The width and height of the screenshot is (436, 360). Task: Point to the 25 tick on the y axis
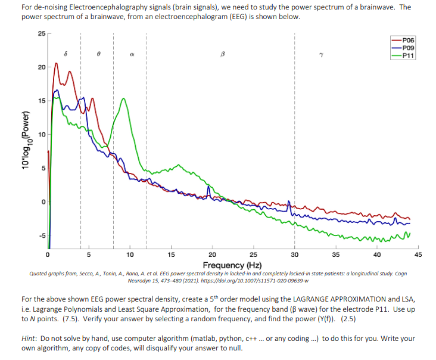[40, 33]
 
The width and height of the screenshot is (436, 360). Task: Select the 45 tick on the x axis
[418, 255]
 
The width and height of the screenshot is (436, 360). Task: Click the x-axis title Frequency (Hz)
[232, 265]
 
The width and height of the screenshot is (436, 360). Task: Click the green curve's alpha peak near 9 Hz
[123, 99]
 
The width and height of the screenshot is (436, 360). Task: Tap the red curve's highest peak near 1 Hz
[57, 63]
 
